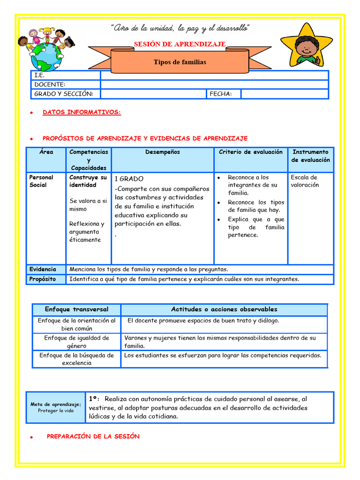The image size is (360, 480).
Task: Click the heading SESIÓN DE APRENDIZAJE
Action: pyautogui.click(x=180, y=44)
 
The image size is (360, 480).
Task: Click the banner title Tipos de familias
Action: pyautogui.click(x=180, y=62)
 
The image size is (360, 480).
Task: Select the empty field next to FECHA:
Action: pyautogui.click(x=284, y=94)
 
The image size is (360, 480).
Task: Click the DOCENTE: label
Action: pyautogui.click(x=50, y=84)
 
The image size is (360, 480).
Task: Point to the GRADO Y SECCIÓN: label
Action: pyautogui.click(x=64, y=94)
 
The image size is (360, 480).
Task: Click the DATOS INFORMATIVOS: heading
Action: pyautogui.click(x=82, y=112)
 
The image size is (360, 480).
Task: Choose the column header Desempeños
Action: pyautogui.click(x=162, y=152)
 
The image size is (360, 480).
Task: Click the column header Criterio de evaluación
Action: pyautogui.click(x=251, y=152)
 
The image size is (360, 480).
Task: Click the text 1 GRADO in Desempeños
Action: pyautogui.click(x=129, y=179)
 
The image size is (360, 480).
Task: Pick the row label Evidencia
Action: pyautogui.click(x=43, y=269)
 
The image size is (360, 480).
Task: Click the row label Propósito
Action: pyautogui.click(x=43, y=279)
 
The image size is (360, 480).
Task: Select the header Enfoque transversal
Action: pyautogui.click(x=76, y=309)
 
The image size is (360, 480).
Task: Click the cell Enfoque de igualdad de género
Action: pyautogui.click(x=76, y=342)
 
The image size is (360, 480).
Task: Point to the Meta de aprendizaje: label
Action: pyautogui.click(x=56, y=404)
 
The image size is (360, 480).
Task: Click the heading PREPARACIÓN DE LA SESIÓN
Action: pyautogui.click(x=93, y=436)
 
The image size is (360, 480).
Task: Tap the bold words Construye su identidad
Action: pyautogui.click(x=88, y=181)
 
